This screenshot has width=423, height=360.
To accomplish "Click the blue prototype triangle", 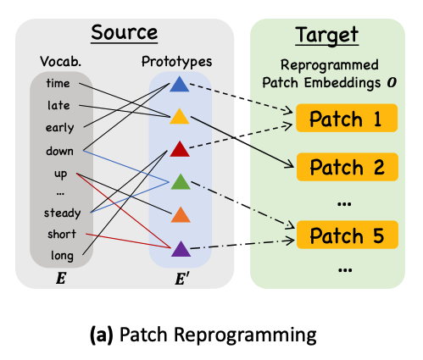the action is pyautogui.click(x=180, y=85).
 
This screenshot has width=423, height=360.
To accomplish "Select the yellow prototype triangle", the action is pyautogui.click(x=180, y=117).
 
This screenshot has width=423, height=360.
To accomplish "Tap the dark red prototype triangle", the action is pyautogui.click(x=180, y=149).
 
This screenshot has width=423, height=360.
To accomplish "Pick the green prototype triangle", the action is pyautogui.click(x=181, y=182).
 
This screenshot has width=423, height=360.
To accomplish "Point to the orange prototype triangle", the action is pyautogui.click(x=181, y=215).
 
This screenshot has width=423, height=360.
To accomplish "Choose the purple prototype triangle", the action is pyautogui.click(x=181, y=249).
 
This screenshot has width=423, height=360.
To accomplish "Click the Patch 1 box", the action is pyautogui.click(x=347, y=118).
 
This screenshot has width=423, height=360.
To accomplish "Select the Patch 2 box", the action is pyautogui.click(x=348, y=167).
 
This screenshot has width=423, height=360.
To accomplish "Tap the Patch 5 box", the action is pyautogui.click(x=348, y=235).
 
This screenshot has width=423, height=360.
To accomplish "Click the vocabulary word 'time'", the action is pyautogui.click(x=58, y=83).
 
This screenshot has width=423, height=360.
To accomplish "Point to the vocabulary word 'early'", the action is pyautogui.click(x=59, y=128).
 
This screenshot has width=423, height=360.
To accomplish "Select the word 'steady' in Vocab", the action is pyautogui.click(x=62, y=213).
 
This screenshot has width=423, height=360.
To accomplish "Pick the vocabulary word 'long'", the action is pyautogui.click(x=62, y=256).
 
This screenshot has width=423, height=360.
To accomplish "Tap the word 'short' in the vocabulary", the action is pyautogui.click(x=62, y=234).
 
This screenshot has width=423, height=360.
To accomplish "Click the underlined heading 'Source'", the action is pyautogui.click(x=125, y=33).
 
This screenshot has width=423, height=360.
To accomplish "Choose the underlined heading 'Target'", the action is pyautogui.click(x=327, y=35).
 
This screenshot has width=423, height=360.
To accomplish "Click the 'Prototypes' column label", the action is pyautogui.click(x=176, y=62).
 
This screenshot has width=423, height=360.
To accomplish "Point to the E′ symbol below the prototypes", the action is pyautogui.click(x=182, y=279).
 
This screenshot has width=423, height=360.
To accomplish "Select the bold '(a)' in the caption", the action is pyautogui.click(x=102, y=335).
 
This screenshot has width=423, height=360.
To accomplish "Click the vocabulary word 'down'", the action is pyautogui.click(x=59, y=151).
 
